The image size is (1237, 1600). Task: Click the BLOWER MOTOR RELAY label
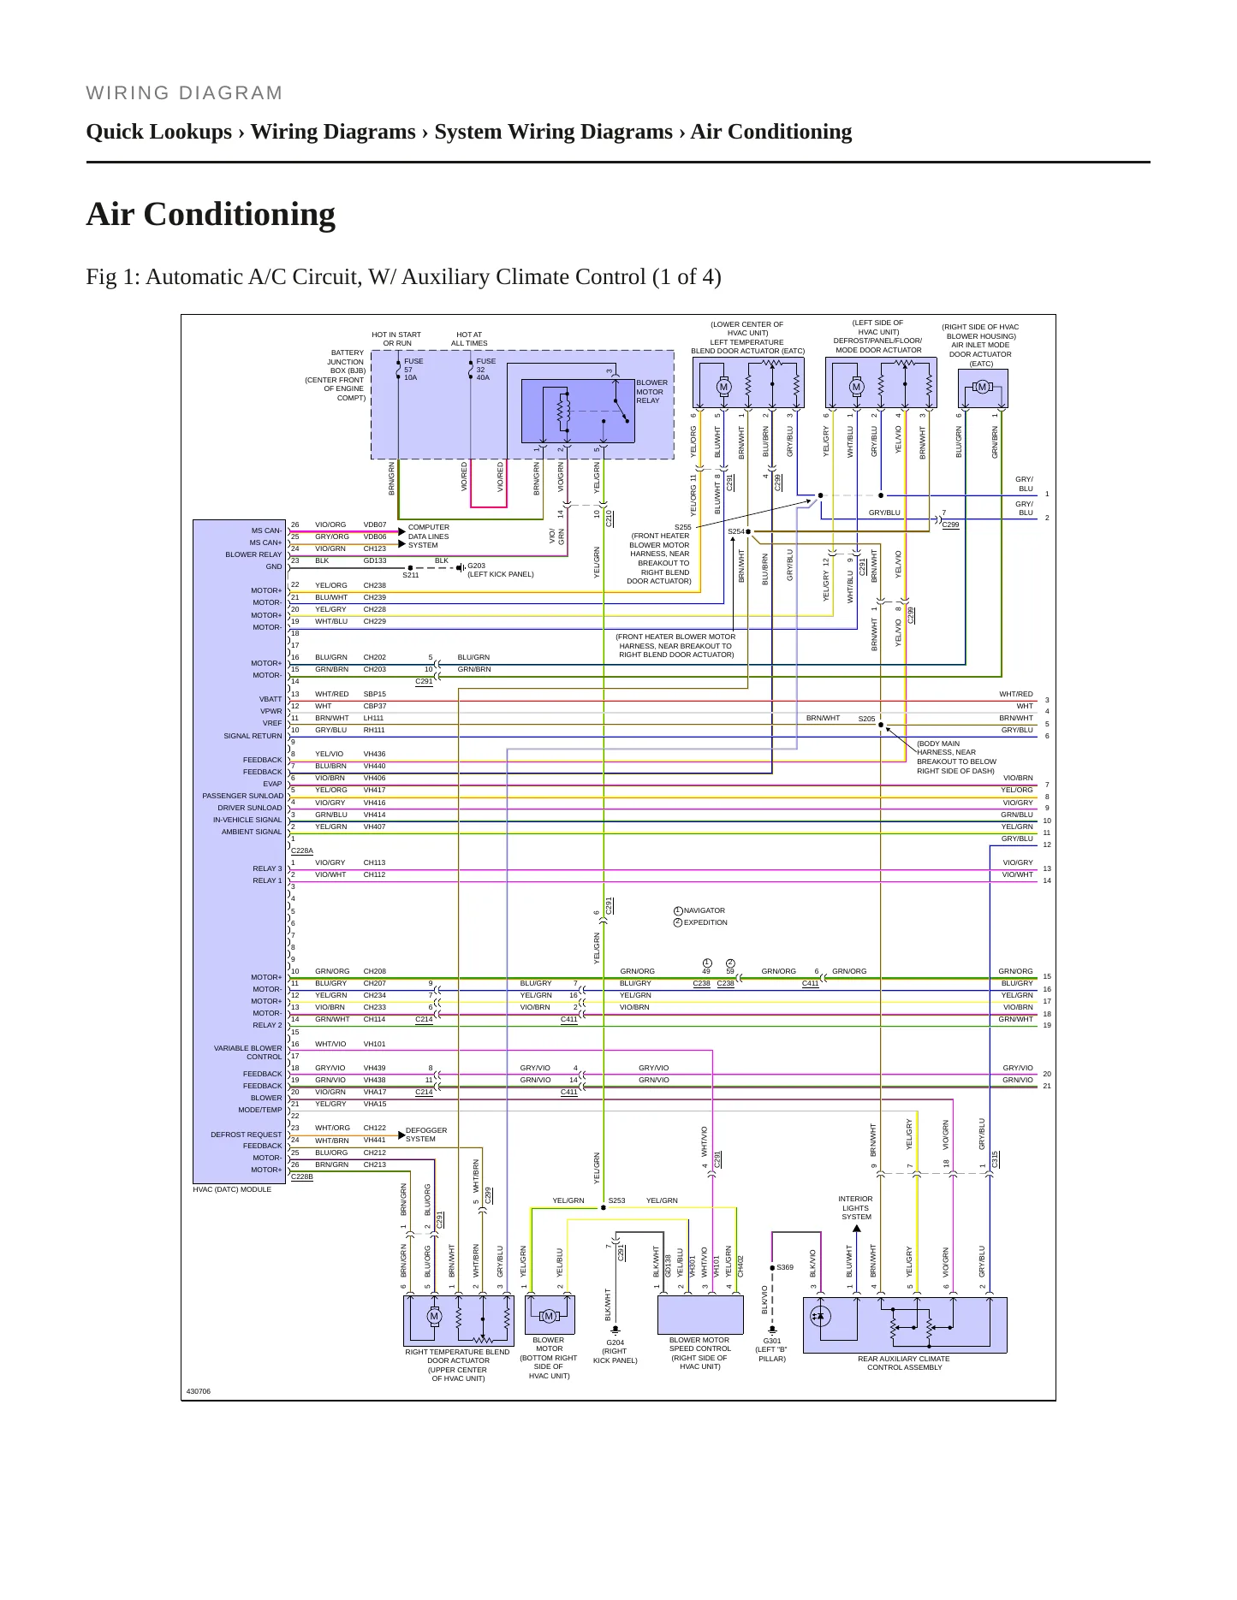[651, 392]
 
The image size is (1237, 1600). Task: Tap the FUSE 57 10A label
[413, 370]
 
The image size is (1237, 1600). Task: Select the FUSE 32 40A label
[486, 370]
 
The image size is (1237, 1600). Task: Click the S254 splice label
[736, 531]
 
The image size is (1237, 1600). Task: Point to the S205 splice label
[867, 719]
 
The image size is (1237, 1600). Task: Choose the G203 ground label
[476, 566]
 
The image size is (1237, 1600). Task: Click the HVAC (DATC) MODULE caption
[232, 1189]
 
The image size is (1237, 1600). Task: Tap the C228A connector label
[302, 851]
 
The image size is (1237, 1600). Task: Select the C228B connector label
[302, 1177]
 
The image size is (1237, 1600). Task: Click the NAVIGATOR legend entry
[704, 910]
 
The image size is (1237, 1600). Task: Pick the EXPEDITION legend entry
[705, 922]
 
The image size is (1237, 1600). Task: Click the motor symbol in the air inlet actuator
[982, 388]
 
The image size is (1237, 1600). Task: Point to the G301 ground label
[772, 1341]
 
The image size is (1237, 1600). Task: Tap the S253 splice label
[616, 1200]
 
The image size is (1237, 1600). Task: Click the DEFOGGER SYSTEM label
[426, 1135]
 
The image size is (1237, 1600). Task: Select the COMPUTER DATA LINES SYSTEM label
[429, 536]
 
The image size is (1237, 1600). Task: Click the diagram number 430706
[198, 1391]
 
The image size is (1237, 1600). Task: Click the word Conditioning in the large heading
[239, 214]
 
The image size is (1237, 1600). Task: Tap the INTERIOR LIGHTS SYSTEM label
[856, 1207]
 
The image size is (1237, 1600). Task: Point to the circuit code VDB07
[375, 524]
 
